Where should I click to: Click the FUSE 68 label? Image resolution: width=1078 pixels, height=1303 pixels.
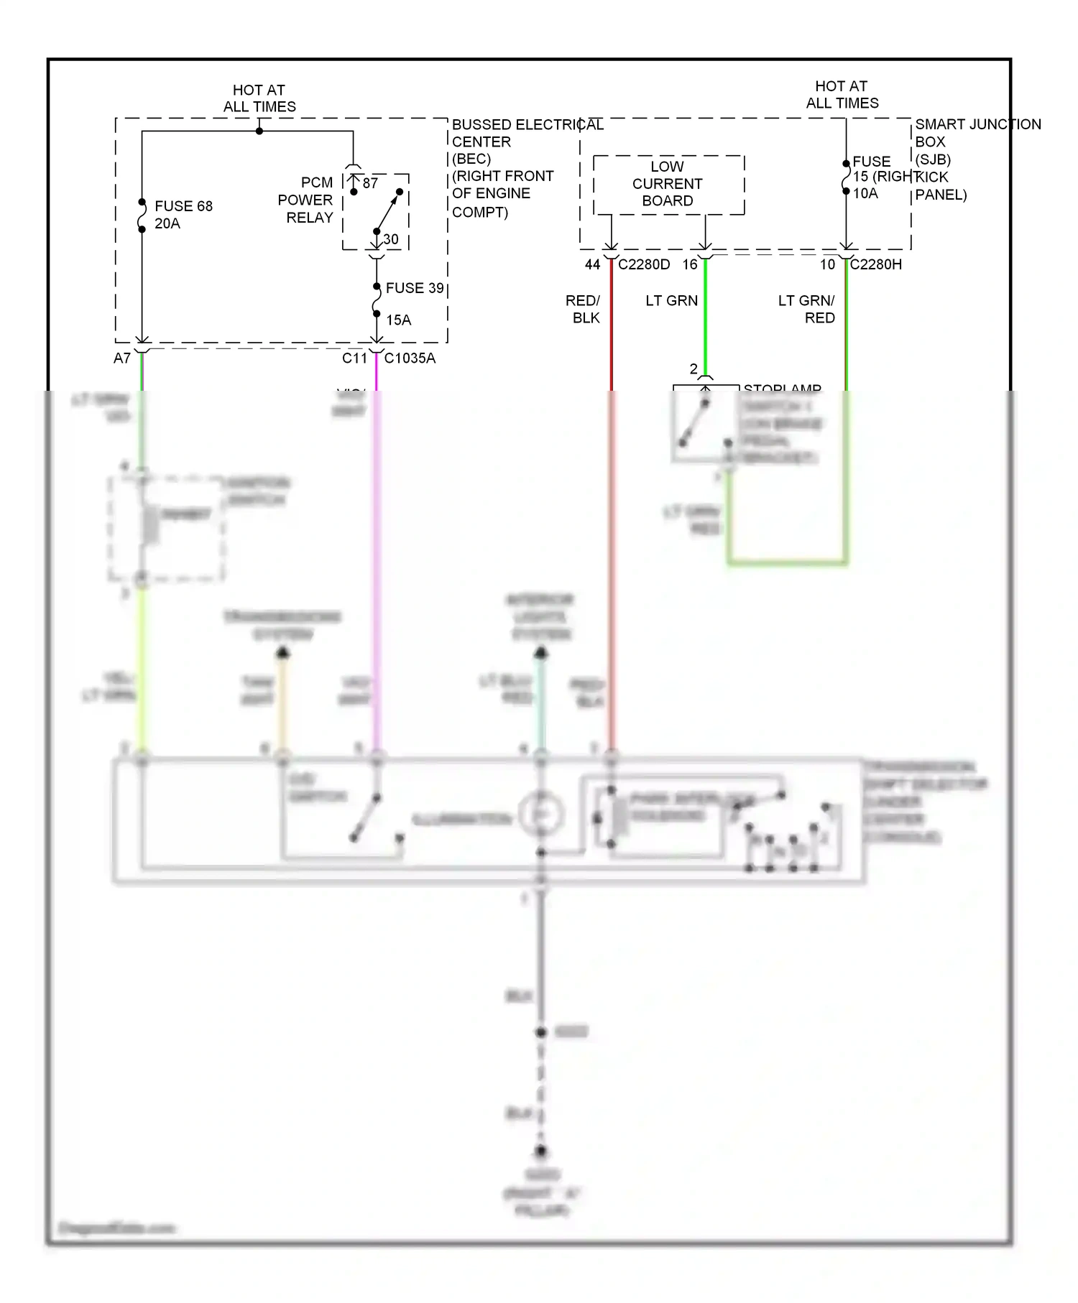click(x=183, y=206)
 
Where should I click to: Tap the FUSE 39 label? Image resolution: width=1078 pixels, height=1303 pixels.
click(x=415, y=288)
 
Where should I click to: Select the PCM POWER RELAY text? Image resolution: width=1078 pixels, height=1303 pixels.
click(x=305, y=200)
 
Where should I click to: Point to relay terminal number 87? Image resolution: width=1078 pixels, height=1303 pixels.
click(x=370, y=183)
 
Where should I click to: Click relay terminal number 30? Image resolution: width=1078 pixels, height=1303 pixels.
click(x=390, y=239)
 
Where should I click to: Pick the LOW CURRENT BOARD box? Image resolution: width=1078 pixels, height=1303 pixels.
click(x=668, y=184)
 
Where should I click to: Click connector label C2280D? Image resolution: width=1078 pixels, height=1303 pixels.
click(x=643, y=264)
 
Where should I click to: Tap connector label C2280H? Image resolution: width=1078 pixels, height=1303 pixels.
click(x=875, y=264)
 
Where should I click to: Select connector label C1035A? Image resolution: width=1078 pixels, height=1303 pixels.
click(x=410, y=358)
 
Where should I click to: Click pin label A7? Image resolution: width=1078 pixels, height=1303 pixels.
click(x=122, y=358)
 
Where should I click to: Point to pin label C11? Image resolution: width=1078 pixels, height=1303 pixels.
click(x=354, y=358)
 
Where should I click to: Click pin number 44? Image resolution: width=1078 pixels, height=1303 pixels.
click(x=592, y=264)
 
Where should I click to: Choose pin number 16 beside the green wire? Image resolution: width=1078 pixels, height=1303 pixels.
click(x=690, y=264)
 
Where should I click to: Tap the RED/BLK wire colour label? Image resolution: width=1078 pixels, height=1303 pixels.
click(x=583, y=309)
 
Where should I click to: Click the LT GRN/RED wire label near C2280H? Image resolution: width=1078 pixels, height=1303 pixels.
click(x=806, y=309)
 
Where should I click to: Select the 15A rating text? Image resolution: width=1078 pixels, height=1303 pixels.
click(x=399, y=320)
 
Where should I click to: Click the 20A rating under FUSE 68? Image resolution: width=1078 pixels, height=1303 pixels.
click(x=167, y=223)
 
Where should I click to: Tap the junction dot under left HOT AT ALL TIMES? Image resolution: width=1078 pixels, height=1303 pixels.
click(x=259, y=131)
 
